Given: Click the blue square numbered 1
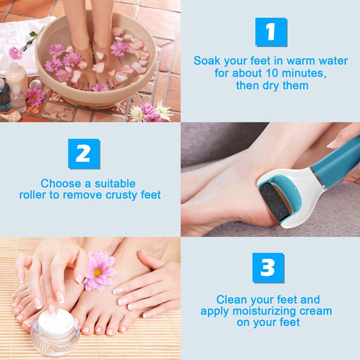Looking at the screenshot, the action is (271, 32).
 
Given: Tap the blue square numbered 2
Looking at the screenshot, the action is (84, 154).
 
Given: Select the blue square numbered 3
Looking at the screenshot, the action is (268, 268).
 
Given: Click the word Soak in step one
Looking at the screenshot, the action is (207, 61).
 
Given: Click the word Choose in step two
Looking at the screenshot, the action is (61, 184).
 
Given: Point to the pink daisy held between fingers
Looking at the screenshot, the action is (99, 271).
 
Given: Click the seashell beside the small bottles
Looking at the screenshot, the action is (12, 117).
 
